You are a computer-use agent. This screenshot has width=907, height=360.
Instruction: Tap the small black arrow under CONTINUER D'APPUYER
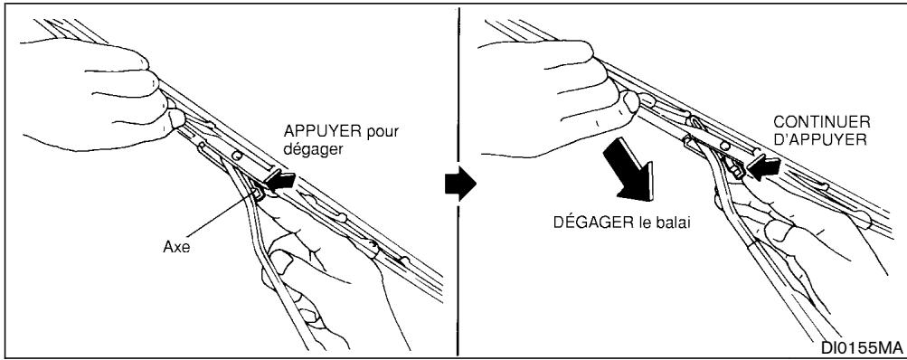763,167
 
